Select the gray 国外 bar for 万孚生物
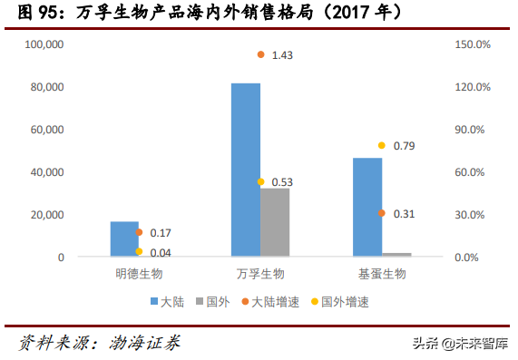(275, 222)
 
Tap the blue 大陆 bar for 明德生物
(124, 238)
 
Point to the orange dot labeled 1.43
(260, 54)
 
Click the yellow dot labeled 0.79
(382, 145)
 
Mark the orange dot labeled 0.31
(382, 213)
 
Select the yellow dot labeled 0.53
(260, 181)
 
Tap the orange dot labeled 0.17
(139, 232)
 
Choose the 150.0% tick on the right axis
(471, 44)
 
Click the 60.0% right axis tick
(471, 172)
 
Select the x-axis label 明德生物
(139, 273)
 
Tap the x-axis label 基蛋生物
(382, 273)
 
